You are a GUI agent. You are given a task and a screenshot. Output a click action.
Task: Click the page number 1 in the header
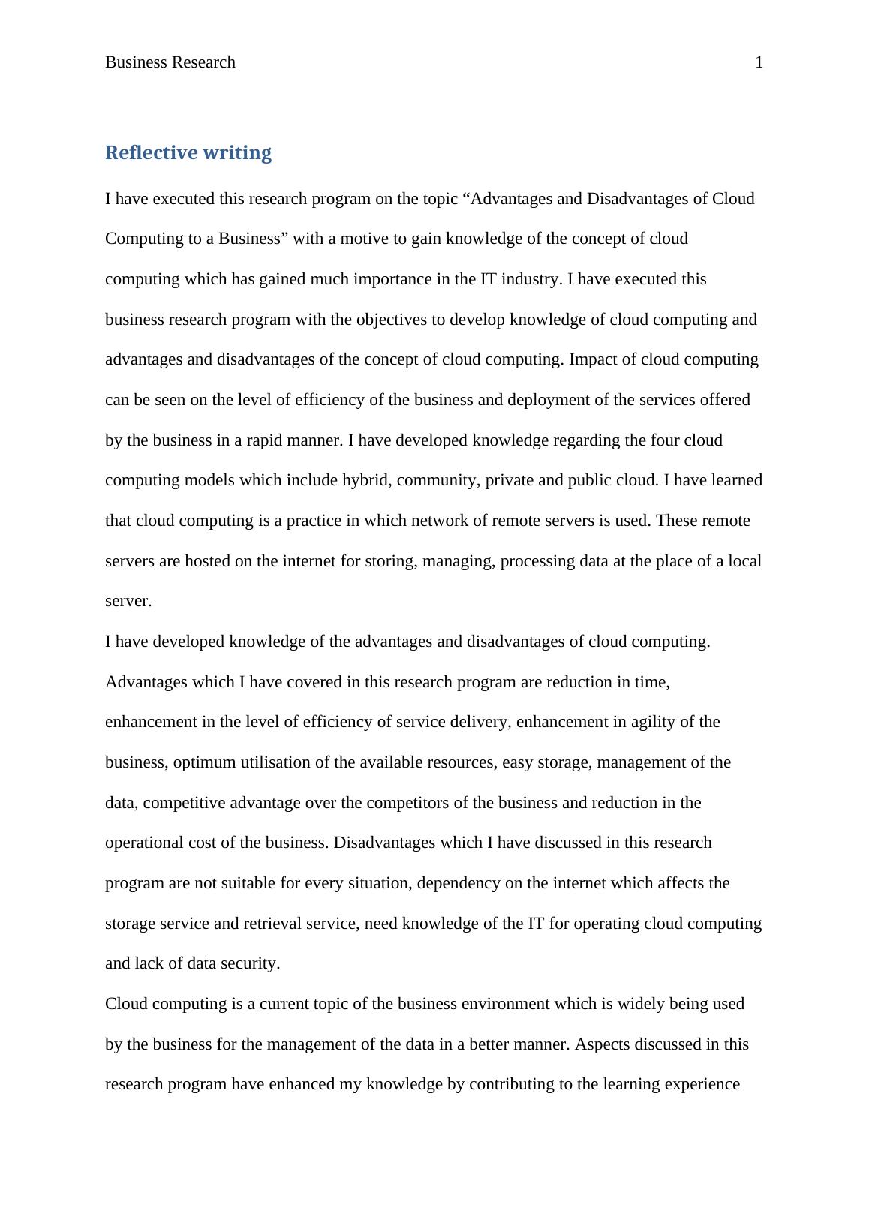click(759, 62)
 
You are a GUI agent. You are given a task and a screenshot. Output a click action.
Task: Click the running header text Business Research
click(170, 62)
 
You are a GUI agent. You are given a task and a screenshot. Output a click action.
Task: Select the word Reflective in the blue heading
click(146, 152)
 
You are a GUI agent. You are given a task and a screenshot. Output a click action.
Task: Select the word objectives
click(391, 320)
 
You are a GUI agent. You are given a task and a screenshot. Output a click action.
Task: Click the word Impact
click(592, 359)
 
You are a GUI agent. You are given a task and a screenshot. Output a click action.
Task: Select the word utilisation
click(275, 762)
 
